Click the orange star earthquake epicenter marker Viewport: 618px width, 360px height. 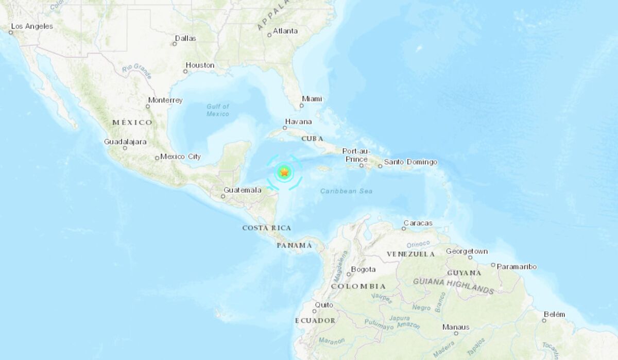point(284,173)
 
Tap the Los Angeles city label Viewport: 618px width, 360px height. point(32,26)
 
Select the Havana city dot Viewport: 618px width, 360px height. point(284,128)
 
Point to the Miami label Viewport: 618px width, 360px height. point(312,99)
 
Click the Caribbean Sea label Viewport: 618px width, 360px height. point(346,191)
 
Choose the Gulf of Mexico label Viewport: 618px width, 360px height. point(218,110)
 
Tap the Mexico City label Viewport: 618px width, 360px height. point(180,157)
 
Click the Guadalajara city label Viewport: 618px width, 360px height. point(125,142)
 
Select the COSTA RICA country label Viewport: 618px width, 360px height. point(267,228)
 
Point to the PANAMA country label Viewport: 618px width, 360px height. point(294,245)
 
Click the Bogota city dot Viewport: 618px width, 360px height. point(349,274)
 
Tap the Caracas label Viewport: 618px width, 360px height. point(418,223)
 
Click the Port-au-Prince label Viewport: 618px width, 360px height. point(356,155)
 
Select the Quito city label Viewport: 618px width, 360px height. point(324,305)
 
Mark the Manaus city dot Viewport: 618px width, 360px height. point(456,334)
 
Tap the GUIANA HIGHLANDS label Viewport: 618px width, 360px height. point(453,285)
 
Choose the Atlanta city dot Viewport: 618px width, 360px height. point(269,35)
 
